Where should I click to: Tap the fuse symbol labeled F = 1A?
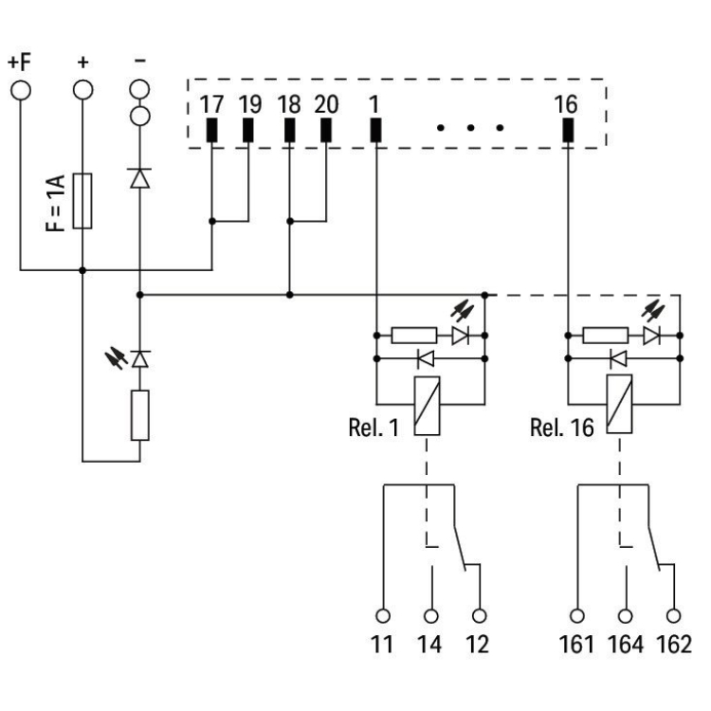82,201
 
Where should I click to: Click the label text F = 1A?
59,200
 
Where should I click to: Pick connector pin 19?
247,131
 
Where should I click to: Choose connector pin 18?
289,131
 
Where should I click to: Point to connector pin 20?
325,131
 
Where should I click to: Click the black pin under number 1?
375,131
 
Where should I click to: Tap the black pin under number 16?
567,131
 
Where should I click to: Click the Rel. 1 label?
374,428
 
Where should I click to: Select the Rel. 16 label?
560,428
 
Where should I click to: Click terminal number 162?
674,646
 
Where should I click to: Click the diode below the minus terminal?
140,177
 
